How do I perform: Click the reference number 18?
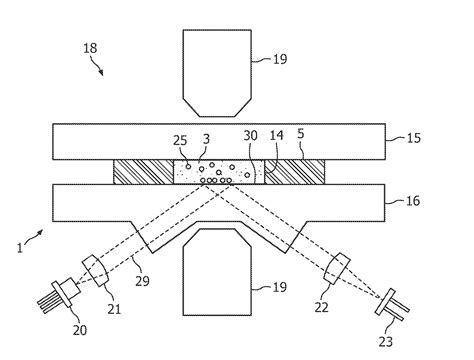click(x=89, y=47)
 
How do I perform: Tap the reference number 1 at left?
click(x=21, y=243)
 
